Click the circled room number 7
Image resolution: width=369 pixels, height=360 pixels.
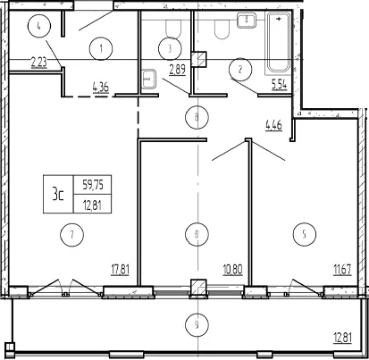point(71,235)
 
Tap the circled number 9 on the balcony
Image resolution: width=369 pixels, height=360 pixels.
point(197,324)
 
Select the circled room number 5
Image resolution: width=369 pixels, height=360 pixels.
point(304,234)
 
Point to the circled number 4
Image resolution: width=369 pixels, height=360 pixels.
point(39,26)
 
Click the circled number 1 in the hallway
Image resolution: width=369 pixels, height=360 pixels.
point(101,48)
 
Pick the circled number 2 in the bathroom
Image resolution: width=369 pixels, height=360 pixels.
point(240,70)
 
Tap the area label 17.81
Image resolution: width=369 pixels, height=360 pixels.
point(121,270)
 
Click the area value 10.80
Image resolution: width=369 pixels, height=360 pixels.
point(232,270)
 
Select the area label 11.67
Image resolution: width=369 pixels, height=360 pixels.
point(342,270)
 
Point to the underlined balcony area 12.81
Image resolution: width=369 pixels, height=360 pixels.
point(342,339)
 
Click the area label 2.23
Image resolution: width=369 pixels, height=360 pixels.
point(39,63)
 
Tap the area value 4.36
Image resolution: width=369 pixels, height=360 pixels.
point(101,88)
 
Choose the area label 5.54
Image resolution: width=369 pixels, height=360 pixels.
point(279,84)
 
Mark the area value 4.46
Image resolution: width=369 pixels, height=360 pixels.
point(273,125)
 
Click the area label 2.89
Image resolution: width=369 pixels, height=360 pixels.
point(178,70)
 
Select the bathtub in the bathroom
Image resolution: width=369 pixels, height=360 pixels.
point(278,42)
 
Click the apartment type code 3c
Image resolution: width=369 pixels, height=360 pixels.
point(58,194)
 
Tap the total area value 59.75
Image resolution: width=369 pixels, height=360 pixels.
point(93,185)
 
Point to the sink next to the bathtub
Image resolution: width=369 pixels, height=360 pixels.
point(247,21)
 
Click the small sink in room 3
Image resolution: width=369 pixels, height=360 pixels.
point(148,80)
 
